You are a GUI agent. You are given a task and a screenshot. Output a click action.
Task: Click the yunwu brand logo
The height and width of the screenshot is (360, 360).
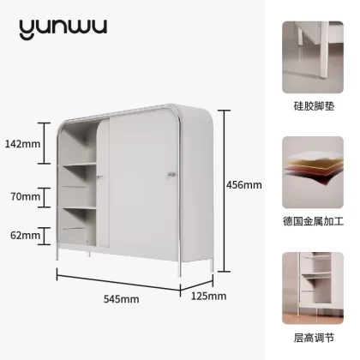[63, 29]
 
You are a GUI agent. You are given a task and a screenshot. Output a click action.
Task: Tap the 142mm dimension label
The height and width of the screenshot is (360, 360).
[22, 144]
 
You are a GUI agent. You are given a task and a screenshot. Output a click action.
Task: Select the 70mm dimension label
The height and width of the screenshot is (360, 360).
[26, 196]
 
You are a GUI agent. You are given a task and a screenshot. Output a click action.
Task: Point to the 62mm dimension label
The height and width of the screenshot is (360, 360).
[25, 236]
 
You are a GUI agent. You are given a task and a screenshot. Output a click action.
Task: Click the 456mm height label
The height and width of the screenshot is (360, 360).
[244, 185]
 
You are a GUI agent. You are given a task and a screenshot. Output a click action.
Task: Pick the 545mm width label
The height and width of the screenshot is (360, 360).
[122, 299]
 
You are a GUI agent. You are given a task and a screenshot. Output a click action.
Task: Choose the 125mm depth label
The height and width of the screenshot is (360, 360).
[208, 296]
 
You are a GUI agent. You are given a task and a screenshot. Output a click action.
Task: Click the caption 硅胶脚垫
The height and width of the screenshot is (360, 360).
[314, 106]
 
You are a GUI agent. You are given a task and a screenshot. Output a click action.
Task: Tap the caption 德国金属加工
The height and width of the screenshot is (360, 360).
[313, 221]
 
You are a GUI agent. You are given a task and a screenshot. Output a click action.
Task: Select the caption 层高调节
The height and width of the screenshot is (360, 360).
[314, 338]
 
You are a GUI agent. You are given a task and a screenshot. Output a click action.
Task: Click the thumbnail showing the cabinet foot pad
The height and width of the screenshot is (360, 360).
[313, 57]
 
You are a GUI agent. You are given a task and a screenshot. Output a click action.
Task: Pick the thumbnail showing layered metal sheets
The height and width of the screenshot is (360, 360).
[313, 172]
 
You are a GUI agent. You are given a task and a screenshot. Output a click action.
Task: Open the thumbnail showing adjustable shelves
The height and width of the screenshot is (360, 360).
[313, 288]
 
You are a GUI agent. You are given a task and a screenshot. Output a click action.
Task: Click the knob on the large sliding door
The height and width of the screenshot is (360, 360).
[171, 174]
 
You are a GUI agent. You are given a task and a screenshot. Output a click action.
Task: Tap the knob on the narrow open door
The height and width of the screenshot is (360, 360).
[99, 177]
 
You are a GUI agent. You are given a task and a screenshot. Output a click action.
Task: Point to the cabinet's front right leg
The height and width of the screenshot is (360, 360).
[179, 268]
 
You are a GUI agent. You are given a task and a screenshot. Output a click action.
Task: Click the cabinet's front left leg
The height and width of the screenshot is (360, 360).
[57, 254]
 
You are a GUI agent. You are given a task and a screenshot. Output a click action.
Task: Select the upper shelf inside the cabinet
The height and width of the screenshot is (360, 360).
[80, 165]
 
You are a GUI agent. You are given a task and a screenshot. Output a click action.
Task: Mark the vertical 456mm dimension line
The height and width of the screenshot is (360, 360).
[225, 191]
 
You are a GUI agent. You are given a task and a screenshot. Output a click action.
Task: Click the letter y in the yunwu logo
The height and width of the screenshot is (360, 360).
[27, 29]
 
